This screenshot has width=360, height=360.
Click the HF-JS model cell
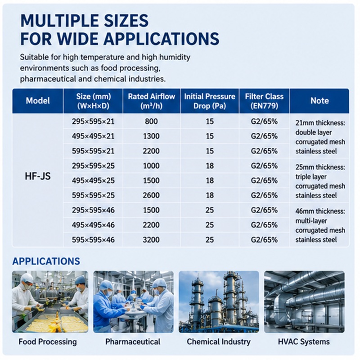[38, 176]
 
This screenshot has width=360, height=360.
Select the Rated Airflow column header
[152, 101]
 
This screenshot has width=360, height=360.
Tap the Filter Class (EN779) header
[264, 101]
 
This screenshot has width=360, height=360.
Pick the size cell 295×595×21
[93, 121]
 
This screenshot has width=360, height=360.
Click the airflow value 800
[151, 121]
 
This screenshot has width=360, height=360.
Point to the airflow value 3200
[151, 240]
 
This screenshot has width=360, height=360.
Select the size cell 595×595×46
[93, 240]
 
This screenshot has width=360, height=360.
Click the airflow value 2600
[151, 195]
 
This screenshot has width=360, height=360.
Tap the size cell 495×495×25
[93, 181]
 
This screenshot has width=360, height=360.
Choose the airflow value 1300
[151, 136]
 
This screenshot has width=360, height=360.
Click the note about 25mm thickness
[320, 181]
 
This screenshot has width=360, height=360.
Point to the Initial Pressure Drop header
[210, 101]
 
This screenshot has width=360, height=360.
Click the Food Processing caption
[48, 342]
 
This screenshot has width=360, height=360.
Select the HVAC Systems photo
[304, 302]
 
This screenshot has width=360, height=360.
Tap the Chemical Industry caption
[219, 342]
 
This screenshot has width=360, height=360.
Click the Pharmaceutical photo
[133, 302]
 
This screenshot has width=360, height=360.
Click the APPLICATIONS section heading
[46, 261]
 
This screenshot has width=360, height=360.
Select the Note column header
[319, 101]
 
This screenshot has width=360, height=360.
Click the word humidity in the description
[175, 57]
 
